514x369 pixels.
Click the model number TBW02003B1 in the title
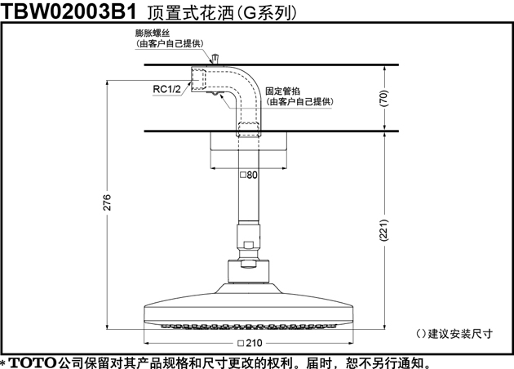69,11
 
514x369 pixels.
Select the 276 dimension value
107,202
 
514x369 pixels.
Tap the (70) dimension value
383,98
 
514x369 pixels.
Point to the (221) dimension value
383,230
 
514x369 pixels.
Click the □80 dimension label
249,175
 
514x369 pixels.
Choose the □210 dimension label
250,343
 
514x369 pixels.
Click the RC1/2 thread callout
167,89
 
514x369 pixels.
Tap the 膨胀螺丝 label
153,33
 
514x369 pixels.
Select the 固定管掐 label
282,91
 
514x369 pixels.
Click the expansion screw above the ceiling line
215,59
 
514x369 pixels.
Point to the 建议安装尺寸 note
454,334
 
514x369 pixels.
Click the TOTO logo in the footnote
33,362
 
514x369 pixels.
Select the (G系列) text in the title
266,13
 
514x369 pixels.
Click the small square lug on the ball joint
249,245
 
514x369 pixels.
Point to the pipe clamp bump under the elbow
215,94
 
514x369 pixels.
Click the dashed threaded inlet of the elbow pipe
199,79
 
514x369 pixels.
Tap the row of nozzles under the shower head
249,327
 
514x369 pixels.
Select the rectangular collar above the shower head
249,272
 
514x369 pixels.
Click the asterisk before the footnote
3,363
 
